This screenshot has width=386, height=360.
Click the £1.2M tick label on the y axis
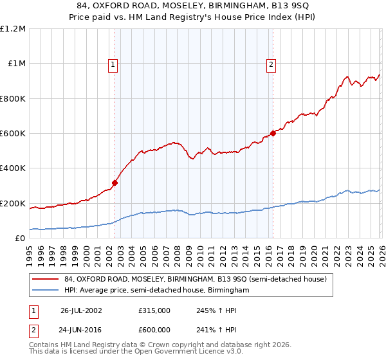pyautogui.click(x=13, y=29)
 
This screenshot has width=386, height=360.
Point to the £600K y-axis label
pyautogui.click(x=13, y=134)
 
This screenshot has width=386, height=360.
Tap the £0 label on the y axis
pyautogui.click(x=21, y=239)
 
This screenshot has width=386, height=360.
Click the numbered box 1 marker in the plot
pyautogui.click(x=113, y=64)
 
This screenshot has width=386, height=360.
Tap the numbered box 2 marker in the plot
pyautogui.click(x=271, y=64)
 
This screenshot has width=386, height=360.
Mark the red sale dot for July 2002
pyautogui.click(x=115, y=183)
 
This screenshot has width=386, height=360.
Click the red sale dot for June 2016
pyautogui.click(x=273, y=133)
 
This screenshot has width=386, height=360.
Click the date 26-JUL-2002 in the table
pyautogui.click(x=81, y=310)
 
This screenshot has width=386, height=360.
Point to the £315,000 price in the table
pyautogui.click(x=154, y=310)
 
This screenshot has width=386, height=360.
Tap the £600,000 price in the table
pyautogui.click(x=154, y=329)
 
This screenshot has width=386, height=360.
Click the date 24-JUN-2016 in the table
pyautogui.click(x=81, y=329)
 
